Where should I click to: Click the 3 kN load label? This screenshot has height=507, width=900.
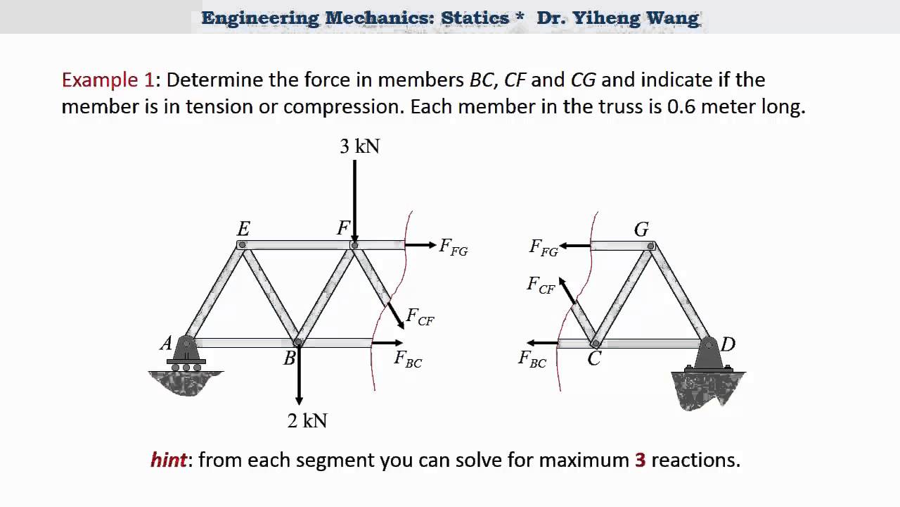[359, 146]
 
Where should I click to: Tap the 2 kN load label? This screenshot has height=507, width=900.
[307, 421]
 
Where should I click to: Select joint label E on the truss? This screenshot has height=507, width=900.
[243, 229]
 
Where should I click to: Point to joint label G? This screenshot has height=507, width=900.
[641, 230]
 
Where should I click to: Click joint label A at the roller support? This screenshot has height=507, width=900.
[166, 344]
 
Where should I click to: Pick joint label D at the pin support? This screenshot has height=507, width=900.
[728, 344]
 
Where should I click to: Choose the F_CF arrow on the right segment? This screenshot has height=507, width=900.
[567, 289]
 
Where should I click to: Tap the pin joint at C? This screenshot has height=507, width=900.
[596, 343]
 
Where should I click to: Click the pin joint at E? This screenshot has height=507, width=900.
[242, 245]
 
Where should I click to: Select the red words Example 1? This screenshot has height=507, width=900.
[108, 80]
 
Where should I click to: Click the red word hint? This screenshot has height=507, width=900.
[169, 461]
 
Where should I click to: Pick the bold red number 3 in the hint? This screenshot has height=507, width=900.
[640, 461]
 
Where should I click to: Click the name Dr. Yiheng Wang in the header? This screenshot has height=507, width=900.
[618, 18]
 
